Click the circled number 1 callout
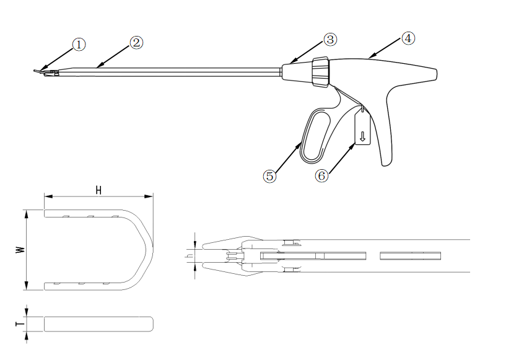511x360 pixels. point(79,45)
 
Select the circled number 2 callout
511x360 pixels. point(136,43)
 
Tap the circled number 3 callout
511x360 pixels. point(330,40)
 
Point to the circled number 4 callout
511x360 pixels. point(408,38)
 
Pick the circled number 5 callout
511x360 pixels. point(269,177)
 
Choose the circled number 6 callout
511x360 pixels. point(321,176)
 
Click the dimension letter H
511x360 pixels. point(98,190)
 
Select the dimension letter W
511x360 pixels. point(20,250)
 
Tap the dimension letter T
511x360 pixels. point(20,324)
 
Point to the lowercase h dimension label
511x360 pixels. point(188,256)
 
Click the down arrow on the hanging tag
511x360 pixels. point(362,136)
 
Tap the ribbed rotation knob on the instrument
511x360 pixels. point(321,72)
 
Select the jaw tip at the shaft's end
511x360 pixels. point(35,71)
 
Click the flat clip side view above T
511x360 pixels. point(98,324)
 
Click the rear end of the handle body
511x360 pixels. point(436,74)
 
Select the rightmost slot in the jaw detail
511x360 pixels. point(410,256)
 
